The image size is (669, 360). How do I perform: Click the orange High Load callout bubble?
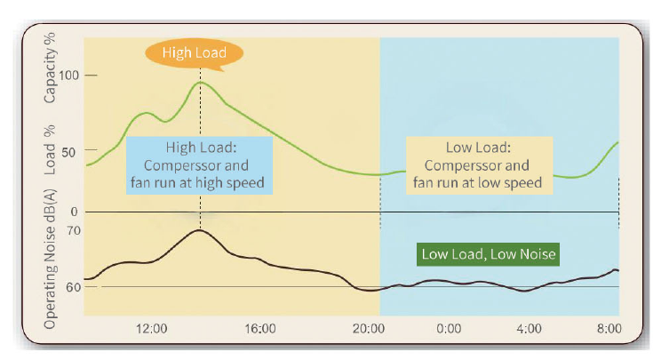pos(194,53)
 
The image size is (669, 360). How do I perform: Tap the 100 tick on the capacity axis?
pos(68,75)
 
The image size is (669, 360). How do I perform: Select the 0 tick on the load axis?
pos(75,212)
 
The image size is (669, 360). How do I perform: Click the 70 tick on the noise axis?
pos(73,231)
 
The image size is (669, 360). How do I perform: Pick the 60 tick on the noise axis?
pos(73,287)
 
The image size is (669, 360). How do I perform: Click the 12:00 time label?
pos(151,329)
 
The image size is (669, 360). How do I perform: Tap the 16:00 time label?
pos(259,329)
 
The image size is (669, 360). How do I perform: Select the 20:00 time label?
pos(367,329)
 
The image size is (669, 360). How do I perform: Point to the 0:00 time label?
pos(449,329)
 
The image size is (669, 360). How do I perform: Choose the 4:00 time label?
pos(529,329)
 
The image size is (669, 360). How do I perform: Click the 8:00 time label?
pos(609,329)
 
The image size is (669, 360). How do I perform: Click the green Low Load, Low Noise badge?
pos(489,254)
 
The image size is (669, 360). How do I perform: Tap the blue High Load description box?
pos(199,165)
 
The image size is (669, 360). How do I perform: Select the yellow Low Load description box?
pos(479,165)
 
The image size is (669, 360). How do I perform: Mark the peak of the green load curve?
pos(201,82)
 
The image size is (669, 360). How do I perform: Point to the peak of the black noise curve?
pos(200,230)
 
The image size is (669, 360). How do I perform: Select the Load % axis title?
pos(51,155)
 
